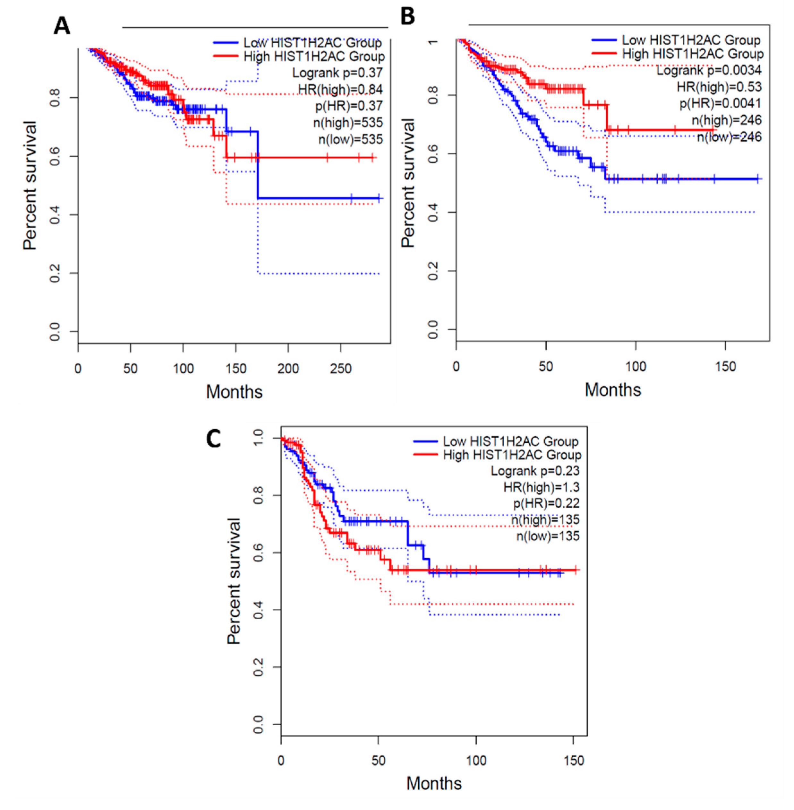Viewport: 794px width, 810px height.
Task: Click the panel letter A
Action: pyautogui.click(x=62, y=26)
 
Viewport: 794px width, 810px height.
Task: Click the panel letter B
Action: pyautogui.click(x=407, y=17)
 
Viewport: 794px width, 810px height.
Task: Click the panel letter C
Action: pyautogui.click(x=214, y=439)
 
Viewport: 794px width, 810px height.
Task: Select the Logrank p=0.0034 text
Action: pyautogui.click(x=709, y=70)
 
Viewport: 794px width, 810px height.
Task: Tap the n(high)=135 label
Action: pyautogui.click(x=545, y=519)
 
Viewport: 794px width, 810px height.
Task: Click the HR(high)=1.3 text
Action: pyautogui.click(x=541, y=487)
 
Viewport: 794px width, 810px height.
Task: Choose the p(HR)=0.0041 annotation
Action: pyautogui.click(x=720, y=103)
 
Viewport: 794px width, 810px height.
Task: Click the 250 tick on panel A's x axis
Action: pyautogui.click(x=341, y=369)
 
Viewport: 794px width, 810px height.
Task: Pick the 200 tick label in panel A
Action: pyautogui.click(x=288, y=369)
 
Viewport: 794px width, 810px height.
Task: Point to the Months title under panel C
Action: pyautogui.click(x=434, y=783)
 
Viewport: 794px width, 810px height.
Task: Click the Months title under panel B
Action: pyautogui.click(x=613, y=390)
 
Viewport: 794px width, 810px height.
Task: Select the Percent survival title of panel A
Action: pyautogui.click(x=30, y=186)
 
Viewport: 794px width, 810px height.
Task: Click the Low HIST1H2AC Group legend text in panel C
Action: pyautogui.click(x=510, y=441)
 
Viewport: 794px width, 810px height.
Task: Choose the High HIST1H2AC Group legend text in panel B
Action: pyautogui.click(x=693, y=54)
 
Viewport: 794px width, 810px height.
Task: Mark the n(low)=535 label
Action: pyautogui.click(x=350, y=139)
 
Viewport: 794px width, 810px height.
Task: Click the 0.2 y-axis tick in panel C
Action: pyautogui.click(x=259, y=667)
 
